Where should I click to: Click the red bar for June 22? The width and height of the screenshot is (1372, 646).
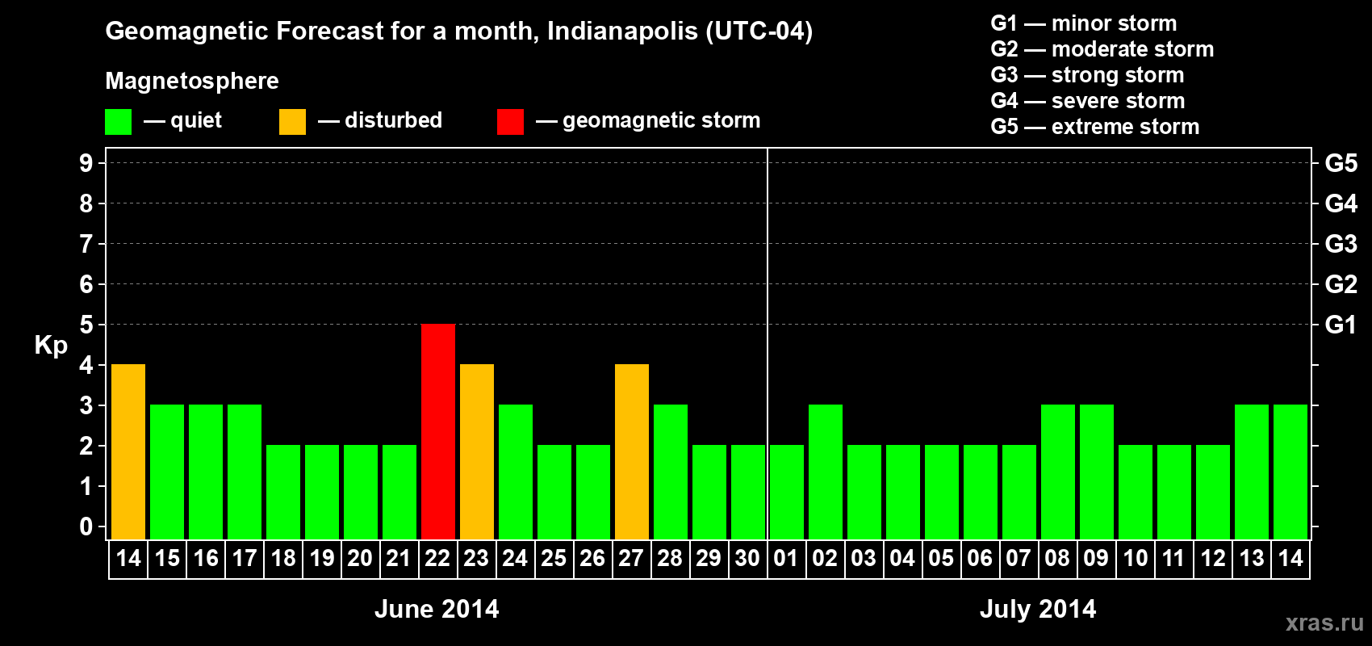(438, 431)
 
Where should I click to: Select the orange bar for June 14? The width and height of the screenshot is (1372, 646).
(128, 451)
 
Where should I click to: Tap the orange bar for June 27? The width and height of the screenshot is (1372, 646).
(632, 451)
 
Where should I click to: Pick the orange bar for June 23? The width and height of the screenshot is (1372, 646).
(477, 451)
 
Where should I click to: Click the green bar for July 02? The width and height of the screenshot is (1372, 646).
(826, 472)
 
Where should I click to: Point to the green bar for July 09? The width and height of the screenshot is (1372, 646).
(1097, 472)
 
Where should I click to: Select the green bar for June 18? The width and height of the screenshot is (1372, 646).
(283, 492)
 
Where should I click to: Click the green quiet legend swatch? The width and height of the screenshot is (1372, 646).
(118, 122)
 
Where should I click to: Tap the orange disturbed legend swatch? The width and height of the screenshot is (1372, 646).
(292, 122)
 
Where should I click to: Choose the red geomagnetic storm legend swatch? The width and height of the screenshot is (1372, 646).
(510, 122)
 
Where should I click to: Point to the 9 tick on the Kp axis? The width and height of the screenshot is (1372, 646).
(86, 163)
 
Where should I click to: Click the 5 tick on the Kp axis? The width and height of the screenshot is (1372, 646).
(86, 325)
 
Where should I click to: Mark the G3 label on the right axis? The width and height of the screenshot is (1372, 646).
(1341, 244)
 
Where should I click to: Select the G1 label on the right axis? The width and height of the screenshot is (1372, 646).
(1341, 325)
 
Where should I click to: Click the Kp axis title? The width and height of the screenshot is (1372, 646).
(51, 346)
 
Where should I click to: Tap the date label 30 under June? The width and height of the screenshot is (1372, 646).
(747, 559)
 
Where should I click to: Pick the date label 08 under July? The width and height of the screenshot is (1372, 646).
(1057, 559)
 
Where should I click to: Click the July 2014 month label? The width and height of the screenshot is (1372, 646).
(1038, 609)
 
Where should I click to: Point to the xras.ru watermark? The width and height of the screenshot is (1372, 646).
(1324, 623)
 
